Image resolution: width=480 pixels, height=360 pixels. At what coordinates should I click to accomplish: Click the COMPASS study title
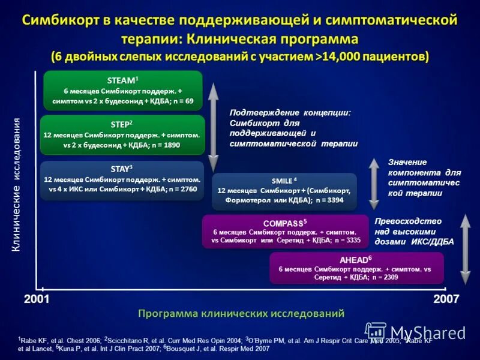pyautogui.click(x=285, y=222)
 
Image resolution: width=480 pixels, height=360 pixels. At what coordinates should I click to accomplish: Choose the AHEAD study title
pyautogui.click(x=356, y=259)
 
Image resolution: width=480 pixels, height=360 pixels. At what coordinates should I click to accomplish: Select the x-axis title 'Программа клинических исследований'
pyautogui.click(x=241, y=313)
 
